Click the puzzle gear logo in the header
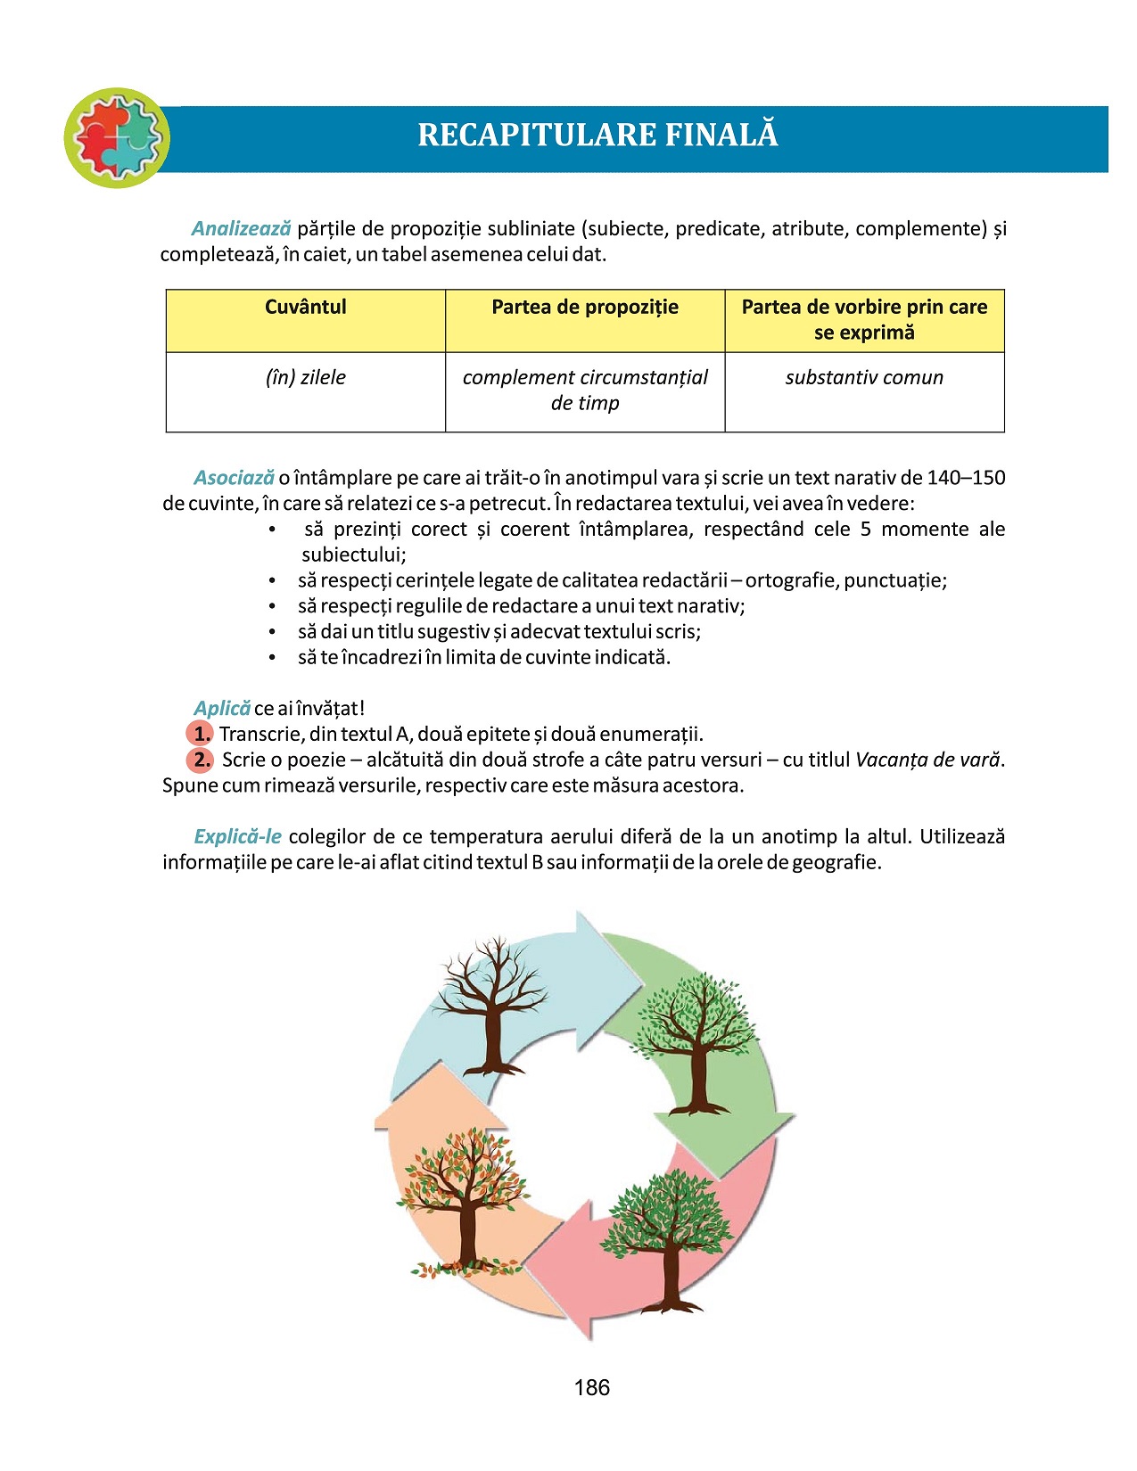[x=117, y=138]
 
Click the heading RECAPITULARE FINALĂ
[x=597, y=136]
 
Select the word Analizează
[x=241, y=229]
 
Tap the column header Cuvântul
[x=305, y=308]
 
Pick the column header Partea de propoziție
[x=585, y=308]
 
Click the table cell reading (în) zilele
[x=305, y=378]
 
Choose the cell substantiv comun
[x=864, y=378]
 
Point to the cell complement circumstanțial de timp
[x=585, y=390]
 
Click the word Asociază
[x=234, y=478]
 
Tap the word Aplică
[x=222, y=709]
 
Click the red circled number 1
[x=201, y=735]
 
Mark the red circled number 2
[x=201, y=760]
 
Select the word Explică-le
[x=238, y=837]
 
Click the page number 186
[x=592, y=1388]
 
